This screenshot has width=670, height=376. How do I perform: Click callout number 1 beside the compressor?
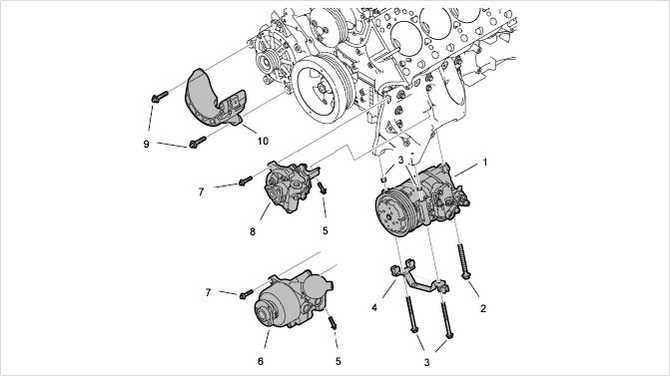(x=485, y=163)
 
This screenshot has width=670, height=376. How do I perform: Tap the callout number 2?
(x=483, y=308)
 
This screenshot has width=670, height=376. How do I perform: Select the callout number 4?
(x=374, y=307)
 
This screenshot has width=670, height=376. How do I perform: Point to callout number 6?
(x=261, y=361)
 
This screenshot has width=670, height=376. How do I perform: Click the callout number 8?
(x=253, y=231)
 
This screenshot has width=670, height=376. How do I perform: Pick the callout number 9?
(x=146, y=144)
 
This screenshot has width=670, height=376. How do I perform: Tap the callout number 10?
(x=263, y=141)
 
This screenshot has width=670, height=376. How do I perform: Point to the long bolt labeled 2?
(x=462, y=261)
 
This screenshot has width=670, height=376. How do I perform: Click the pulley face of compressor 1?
(x=394, y=213)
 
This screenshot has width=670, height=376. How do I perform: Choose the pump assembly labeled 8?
(x=290, y=188)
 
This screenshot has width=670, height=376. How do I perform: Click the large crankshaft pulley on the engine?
(x=322, y=89)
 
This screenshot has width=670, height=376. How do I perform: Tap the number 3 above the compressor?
(x=400, y=160)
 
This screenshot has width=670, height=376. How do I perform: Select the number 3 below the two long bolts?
(x=426, y=362)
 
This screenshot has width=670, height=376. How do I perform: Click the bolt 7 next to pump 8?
(x=245, y=182)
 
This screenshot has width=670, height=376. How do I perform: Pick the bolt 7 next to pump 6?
(x=246, y=293)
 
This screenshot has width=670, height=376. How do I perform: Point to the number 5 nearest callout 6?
(x=337, y=361)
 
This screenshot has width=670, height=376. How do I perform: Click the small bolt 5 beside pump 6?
(x=333, y=323)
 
